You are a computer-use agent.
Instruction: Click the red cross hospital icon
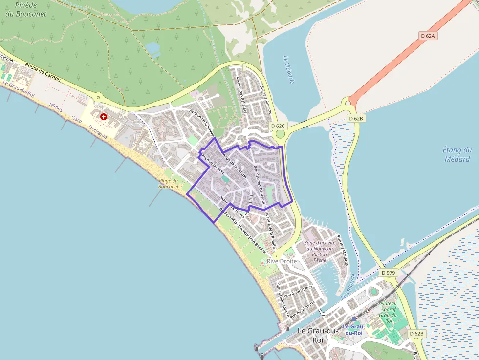tap(104, 116)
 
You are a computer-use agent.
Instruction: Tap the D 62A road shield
tap(427, 36)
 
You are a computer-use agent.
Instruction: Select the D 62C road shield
tap(278, 126)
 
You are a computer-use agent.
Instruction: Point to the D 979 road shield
tap(387, 272)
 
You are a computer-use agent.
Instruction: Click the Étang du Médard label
tap(457, 154)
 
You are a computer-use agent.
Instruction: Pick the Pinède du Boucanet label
tap(26, 9)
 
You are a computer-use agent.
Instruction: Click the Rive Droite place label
tap(282, 261)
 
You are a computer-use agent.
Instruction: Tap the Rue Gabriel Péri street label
tap(295, 293)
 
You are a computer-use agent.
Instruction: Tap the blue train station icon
tap(354, 319)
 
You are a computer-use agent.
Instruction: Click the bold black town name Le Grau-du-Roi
tap(317, 335)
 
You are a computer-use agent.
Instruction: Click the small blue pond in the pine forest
tap(152, 48)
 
